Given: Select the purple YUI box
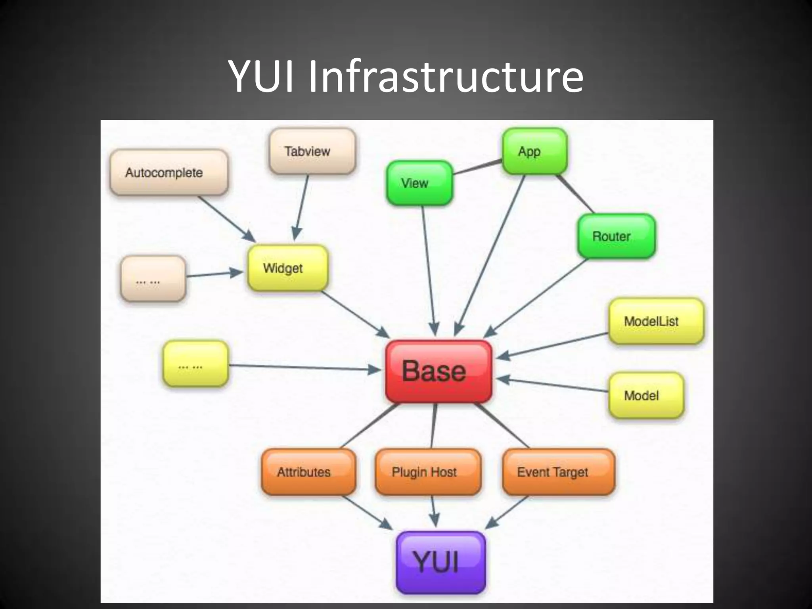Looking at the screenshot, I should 440,562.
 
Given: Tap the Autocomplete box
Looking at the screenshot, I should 169,172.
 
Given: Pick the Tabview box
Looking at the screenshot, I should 312,151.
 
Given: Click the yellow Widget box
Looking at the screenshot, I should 288,268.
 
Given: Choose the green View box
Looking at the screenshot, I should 419,183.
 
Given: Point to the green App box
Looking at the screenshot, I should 534,151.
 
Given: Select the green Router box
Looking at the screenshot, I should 616,236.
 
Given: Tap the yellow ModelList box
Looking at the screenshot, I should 656,321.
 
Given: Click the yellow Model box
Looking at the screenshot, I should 646,395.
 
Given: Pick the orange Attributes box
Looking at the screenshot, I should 308,472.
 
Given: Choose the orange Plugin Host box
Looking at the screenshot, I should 428,472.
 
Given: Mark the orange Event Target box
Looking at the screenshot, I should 558,472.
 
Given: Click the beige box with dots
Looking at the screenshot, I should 153,279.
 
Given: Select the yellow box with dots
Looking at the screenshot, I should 195,364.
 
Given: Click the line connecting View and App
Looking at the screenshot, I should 477,167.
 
